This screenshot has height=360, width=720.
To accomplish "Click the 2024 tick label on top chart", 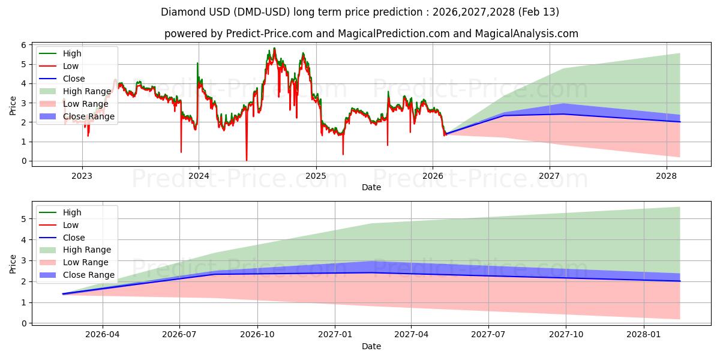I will click(x=199, y=176).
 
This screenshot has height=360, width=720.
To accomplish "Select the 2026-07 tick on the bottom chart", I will click(x=180, y=334).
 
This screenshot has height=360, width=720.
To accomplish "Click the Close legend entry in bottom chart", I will click(x=74, y=238).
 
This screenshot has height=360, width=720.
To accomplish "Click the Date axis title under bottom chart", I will click(x=371, y=346).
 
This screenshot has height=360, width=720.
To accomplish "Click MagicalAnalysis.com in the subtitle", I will click(x=527, y=34).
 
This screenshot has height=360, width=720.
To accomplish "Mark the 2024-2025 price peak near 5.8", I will click(x=274, y=49).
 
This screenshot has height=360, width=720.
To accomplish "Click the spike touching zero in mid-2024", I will click(x=246, y=160).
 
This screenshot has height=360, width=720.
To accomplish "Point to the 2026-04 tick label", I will click(x=103, y=334).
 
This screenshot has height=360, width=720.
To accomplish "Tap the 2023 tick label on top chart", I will click(x=82, y=176).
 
